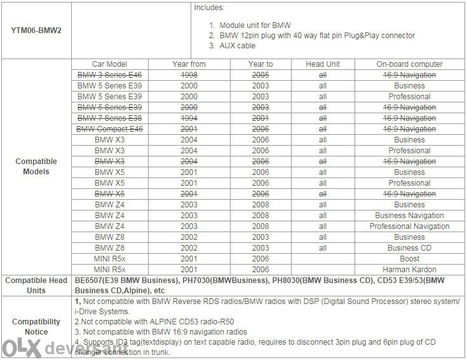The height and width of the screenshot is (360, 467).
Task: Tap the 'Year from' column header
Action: [x=188, y=64]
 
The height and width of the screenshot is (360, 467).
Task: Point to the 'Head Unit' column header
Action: [x=323, y=64]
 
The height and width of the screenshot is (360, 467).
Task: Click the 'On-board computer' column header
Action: [x=409, y=64]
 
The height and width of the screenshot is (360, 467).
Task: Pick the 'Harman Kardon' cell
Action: [x=409, y=270]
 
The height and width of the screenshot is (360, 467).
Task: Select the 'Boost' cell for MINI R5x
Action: [x=409, y=259]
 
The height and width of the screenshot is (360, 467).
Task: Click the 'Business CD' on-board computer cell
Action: [x=409, y=248]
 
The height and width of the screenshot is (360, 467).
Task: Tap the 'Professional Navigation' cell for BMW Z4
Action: [x=409, y=226]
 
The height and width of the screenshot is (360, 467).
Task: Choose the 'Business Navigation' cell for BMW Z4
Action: [x=409, y=216]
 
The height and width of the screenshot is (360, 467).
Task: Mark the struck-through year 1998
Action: [x=188, y=75]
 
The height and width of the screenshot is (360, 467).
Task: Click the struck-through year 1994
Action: [x=188, y=118]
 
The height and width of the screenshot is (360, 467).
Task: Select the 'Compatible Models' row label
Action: [x=36, y=167]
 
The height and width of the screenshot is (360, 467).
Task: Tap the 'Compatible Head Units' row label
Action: [x=36, y=284]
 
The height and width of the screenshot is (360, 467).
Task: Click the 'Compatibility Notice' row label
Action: [x=36, y=326]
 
